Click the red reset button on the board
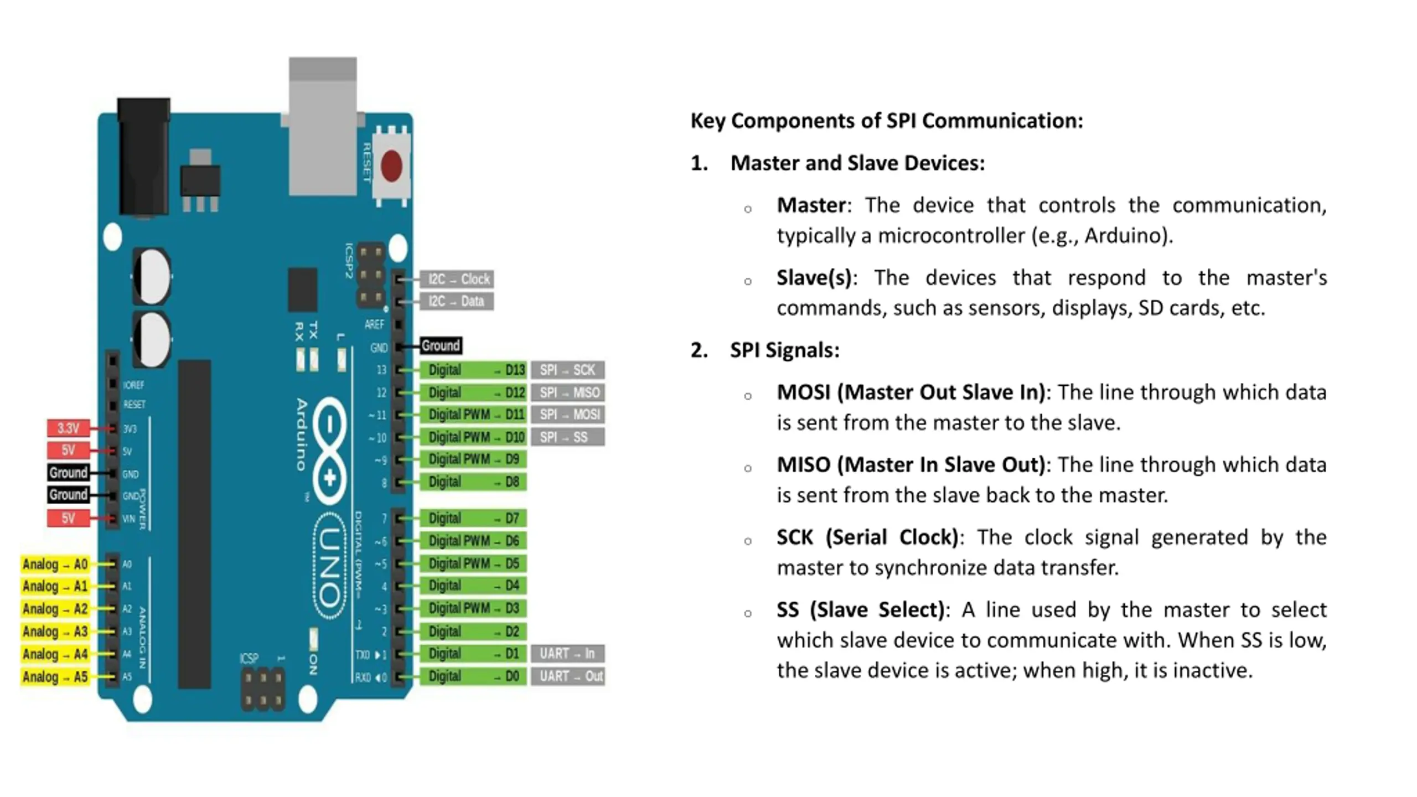tap(391, 165)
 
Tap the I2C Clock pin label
tap(457, 279)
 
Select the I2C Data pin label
tap(457, 302)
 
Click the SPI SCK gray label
tap(567, 370)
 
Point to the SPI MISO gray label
tap(567, 392)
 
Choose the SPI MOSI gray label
tap(567, 415)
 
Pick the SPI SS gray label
tap(567, 437)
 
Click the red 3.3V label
tap(68, 428)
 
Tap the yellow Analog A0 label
tap(55, 564)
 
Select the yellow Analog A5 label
tap(55, 676)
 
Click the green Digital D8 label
tap(473, 482)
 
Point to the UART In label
tap(567, 654)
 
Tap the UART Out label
tap(567, 676)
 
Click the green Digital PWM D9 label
tap(473, 459)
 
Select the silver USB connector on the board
tap(323, 127)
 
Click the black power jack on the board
tap(144, 158)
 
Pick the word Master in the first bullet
tap(811, 205)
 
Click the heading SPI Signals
tap(784, 350)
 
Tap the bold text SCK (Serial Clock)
tap(867, 537)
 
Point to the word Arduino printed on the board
tap(302, 434)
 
